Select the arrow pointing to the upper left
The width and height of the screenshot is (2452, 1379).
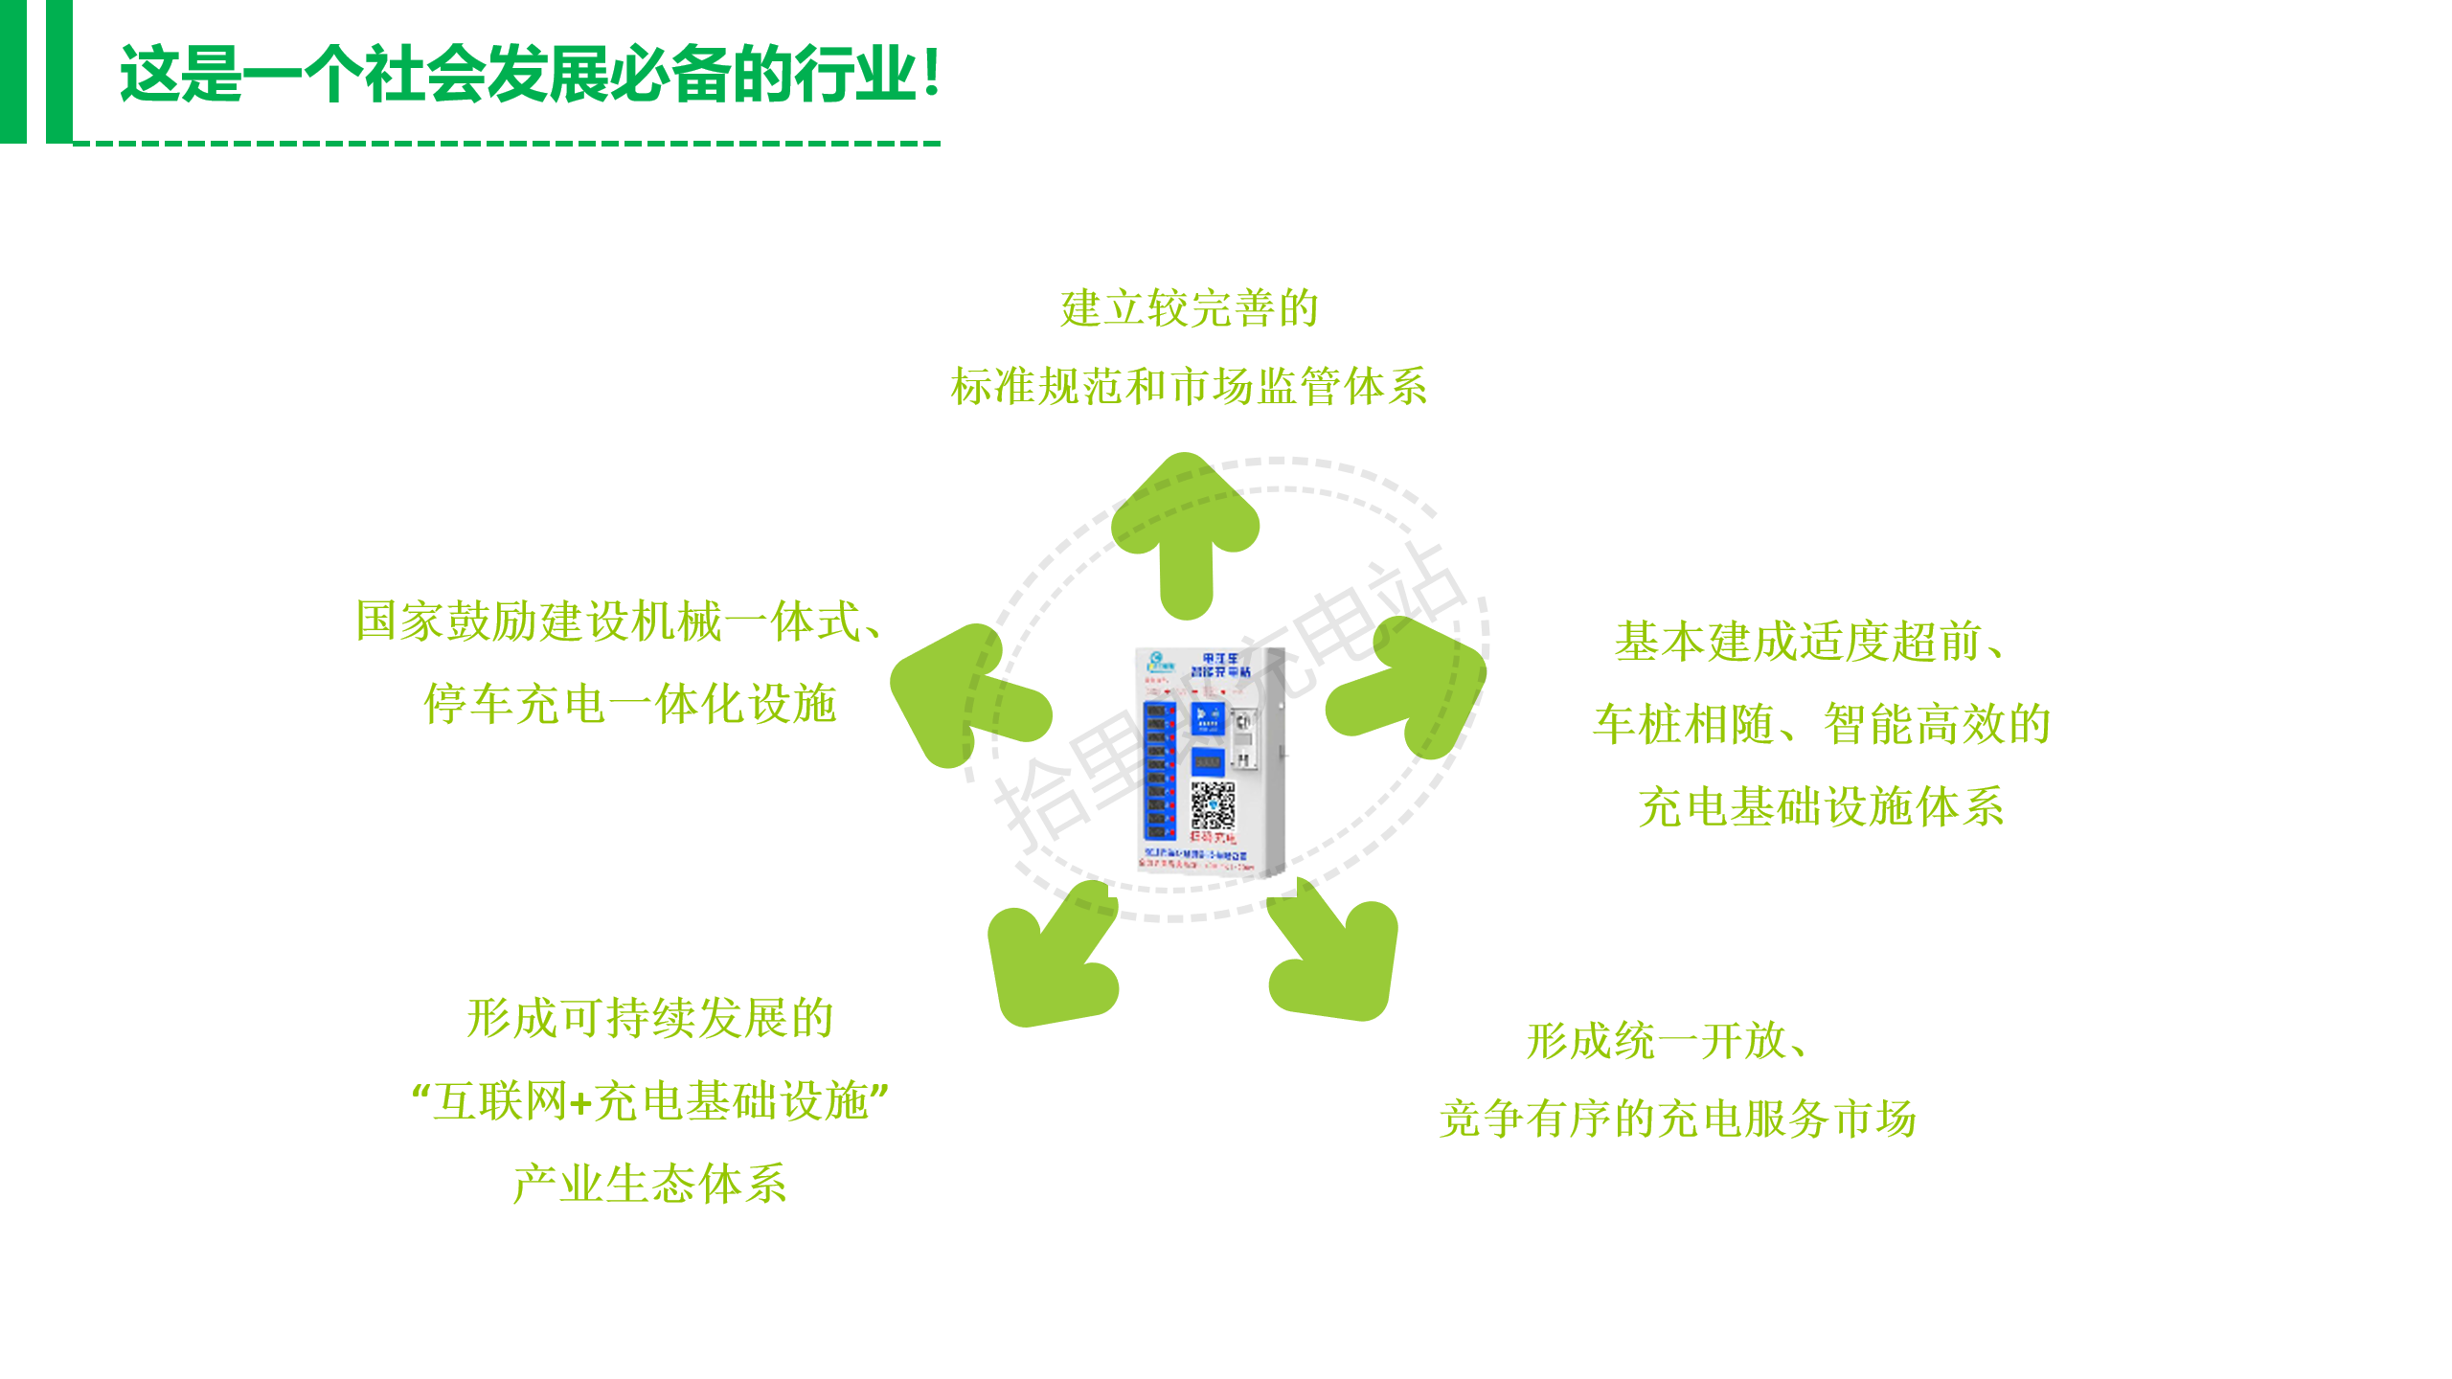[963, 694]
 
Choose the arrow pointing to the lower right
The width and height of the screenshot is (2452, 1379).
[1336, 958]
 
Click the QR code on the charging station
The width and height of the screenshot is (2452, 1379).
[1213, 804]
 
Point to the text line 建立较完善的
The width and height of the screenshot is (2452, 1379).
[1190, 308]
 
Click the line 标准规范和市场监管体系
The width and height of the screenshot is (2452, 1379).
[1189, 387]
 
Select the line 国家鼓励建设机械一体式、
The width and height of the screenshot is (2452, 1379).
[619, 622]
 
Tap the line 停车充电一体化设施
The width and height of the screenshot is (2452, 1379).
[630, 704]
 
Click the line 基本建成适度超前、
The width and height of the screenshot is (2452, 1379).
[1810, 642]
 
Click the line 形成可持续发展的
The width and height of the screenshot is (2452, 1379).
[650, 1018]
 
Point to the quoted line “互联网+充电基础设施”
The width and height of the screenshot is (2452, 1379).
[650, 1101]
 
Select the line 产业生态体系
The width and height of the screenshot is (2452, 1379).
[650, 1184]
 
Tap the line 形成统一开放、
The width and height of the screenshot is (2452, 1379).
[1668, 1041]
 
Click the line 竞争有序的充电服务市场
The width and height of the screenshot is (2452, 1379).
[1678, 1119]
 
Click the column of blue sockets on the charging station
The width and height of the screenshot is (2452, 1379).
[1158, 771]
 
